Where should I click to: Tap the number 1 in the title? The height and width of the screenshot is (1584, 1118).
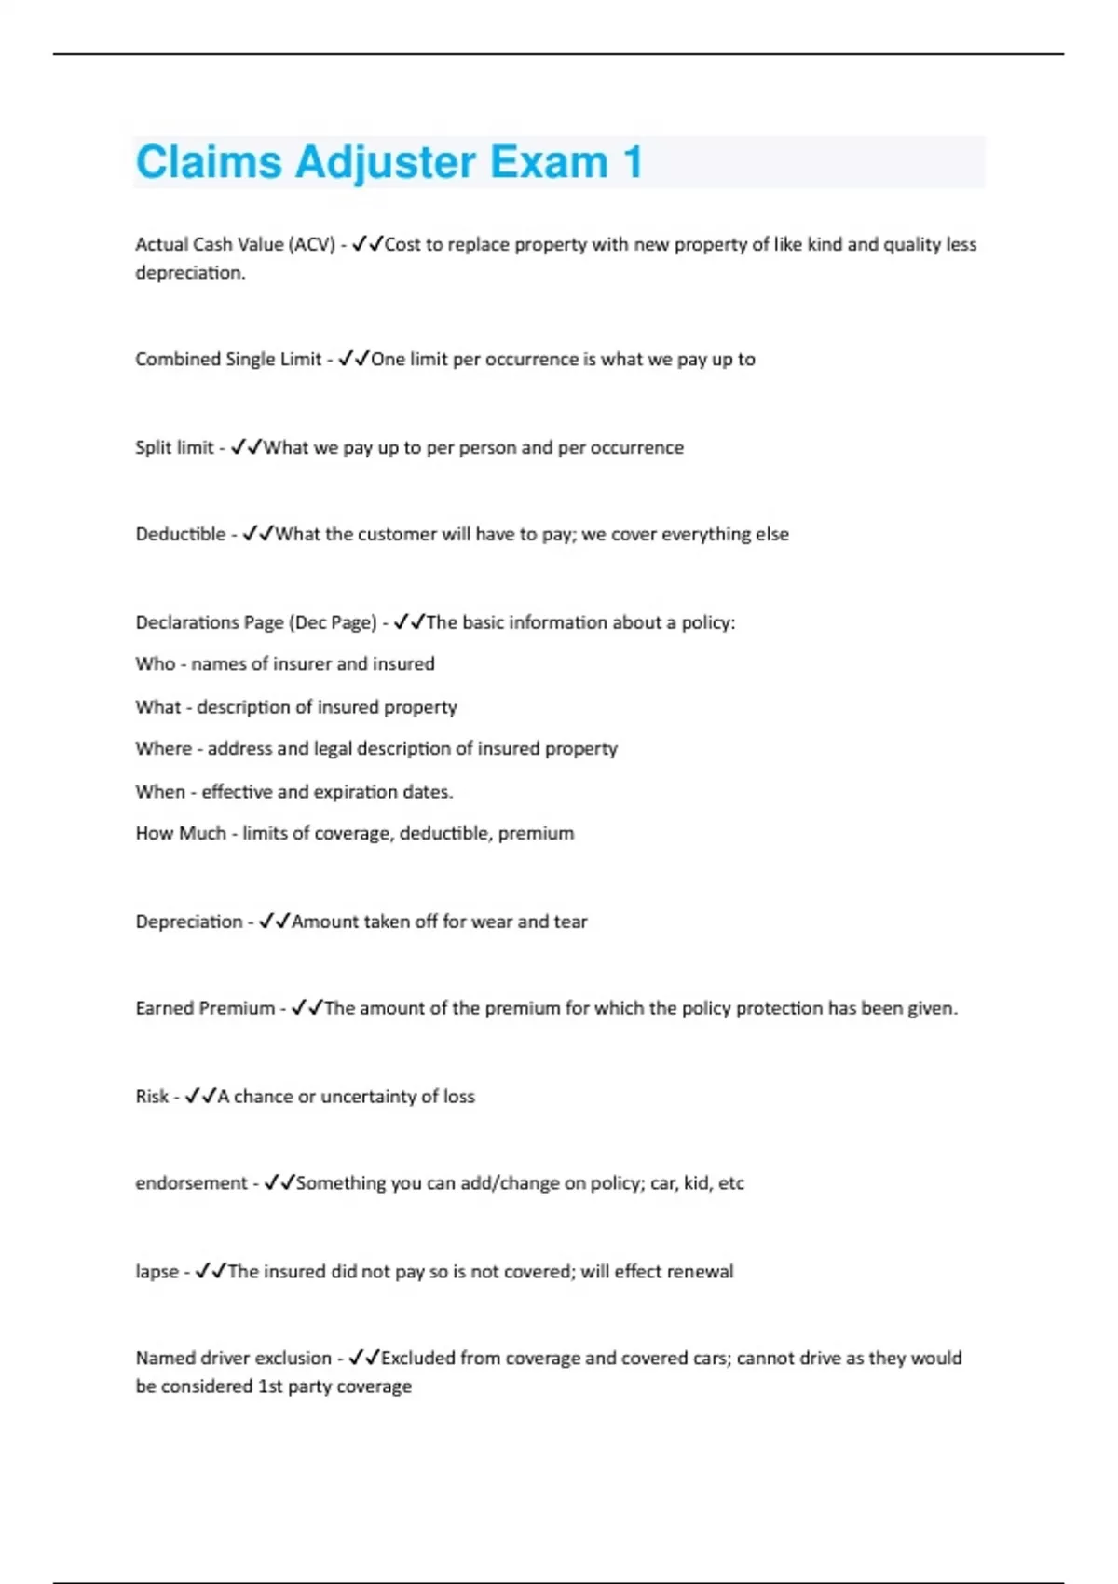[633, 162]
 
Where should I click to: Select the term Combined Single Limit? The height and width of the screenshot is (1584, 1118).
[228, 359]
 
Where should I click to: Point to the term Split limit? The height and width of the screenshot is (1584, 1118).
[174, 447]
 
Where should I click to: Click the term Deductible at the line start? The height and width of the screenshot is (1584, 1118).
[180, 534]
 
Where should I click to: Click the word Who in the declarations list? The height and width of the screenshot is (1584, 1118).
[155, 663]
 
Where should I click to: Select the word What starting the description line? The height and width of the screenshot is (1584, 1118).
[157, 707]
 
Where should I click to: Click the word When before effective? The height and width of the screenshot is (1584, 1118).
[160, 791]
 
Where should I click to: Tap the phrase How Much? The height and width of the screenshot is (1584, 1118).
[181, 833]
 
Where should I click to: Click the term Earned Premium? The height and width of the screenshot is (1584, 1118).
[205, 1008]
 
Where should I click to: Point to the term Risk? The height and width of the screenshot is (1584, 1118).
[152, 1097]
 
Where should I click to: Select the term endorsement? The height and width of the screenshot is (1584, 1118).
[191, 1183]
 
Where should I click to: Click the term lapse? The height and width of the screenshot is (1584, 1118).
[157, 1272]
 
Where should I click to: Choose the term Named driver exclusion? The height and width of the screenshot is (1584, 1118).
[233, 1359]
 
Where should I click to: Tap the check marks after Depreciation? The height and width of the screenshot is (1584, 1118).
[274, 921]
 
